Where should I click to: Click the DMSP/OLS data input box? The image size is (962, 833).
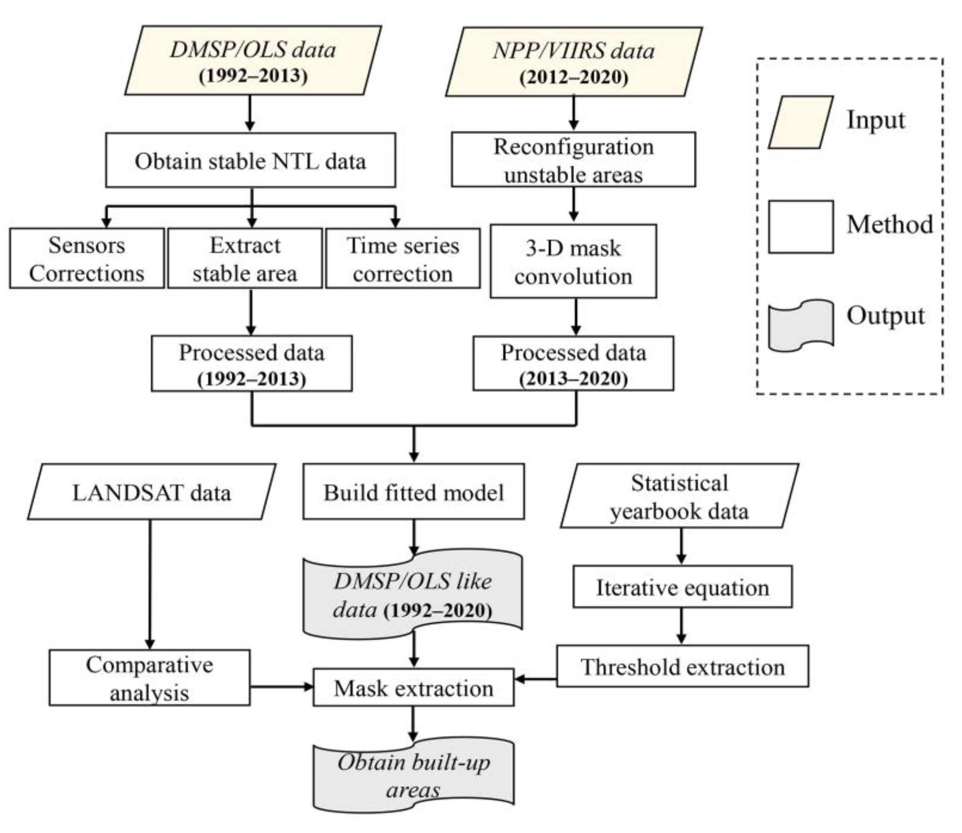pyautogui.click(x=253, y=61)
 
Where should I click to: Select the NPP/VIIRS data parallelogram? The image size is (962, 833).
pyautogui.click(x=574, y=62)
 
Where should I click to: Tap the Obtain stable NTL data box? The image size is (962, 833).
pyautogui.click(x=250, y=161)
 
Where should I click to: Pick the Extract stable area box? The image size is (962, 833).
pyautogui.click(x=245, y=258)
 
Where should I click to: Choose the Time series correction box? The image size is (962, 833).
pyautogui.click(x=403, y=258)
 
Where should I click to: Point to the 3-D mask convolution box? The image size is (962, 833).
pyautogui.click(x=573, y=261)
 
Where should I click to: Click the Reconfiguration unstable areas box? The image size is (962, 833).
pyautogui.click(x=573, y=160)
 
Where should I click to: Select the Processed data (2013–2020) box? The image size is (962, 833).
pyautogui.click(x=573, y=363)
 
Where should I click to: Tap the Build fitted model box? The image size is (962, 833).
pyautogui.click(x=413, y=492)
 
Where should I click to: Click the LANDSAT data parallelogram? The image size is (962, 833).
pyautogui.click(x=152, y=492)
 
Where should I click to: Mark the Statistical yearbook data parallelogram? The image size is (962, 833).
pyautogui.click(x=679, y=496)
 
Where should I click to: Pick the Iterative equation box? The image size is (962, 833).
pyautogui.click(x=682, y=587)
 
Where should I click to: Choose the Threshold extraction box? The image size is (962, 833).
pyautogui.click(x=682, y=666)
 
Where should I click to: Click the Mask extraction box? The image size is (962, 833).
pyautogui.click(x=413, y=687)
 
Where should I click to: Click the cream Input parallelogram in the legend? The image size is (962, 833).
pyautogui.click(x=800, y=122)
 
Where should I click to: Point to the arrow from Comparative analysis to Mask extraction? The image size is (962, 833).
pyautogui.click(x=281, y=687)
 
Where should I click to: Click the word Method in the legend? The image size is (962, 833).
pyautogui.click(x=890, y=225)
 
